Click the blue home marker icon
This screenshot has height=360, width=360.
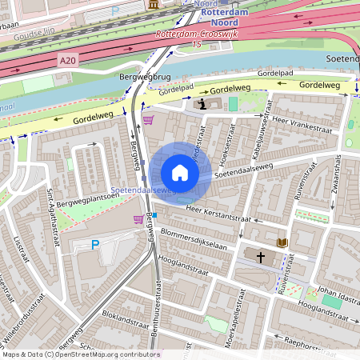click(x=180, y=173)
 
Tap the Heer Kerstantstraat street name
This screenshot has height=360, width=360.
click(x=218, y=214)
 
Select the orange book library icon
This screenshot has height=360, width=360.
click(x=282, y=242)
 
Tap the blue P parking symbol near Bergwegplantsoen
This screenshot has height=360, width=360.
click(x=96, y=245)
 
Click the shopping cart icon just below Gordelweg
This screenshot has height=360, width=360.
click(x=147, y=121)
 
